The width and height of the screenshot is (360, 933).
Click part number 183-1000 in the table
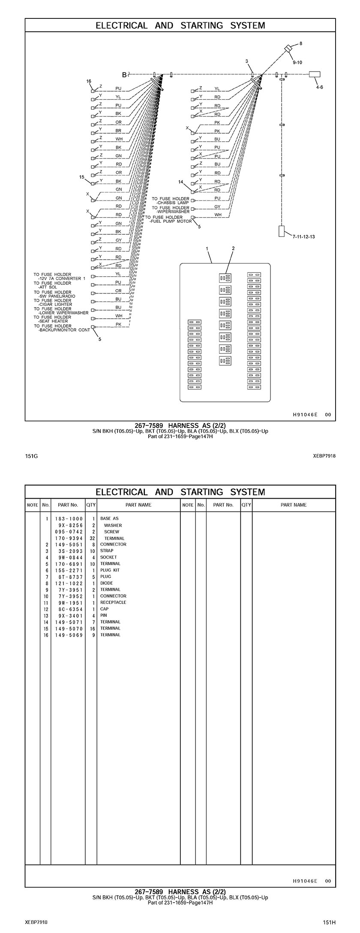[69, 518]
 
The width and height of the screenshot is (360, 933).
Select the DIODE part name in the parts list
[106, 583]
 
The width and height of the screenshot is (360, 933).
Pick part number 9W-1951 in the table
[69, 602]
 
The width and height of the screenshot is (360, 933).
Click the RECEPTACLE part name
[113, 602]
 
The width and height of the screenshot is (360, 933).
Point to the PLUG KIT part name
[110, 570]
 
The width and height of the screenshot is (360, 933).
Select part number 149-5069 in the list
[69, 635]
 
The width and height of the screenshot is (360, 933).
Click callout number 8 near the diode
[300, 43]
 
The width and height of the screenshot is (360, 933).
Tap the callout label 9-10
[297, 63]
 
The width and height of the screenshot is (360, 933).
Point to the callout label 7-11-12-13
[304, 236]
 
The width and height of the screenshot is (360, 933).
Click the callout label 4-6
[319, 87]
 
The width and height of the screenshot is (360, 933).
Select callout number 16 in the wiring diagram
[89, 81]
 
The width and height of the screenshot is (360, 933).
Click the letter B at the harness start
[124, 75]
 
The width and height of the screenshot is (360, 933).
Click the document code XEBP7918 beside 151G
[324, 456]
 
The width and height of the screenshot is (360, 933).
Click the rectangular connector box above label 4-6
[315, 74]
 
